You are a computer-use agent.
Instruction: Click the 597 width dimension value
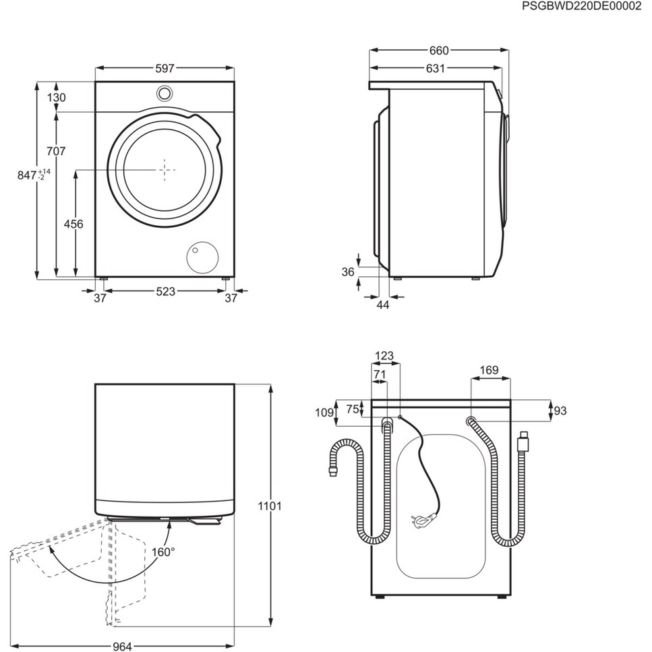165,68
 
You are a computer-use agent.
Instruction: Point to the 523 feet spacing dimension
165,291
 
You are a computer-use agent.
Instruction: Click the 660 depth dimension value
438,51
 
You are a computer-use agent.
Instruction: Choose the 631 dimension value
435,68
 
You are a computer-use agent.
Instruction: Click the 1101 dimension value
270,506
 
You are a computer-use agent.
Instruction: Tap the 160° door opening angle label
163,552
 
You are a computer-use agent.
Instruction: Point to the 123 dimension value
384,357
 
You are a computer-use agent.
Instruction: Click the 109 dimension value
325,413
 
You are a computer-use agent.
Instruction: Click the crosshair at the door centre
166,170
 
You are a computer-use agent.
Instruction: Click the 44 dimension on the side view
382,305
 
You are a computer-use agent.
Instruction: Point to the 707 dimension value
57,152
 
